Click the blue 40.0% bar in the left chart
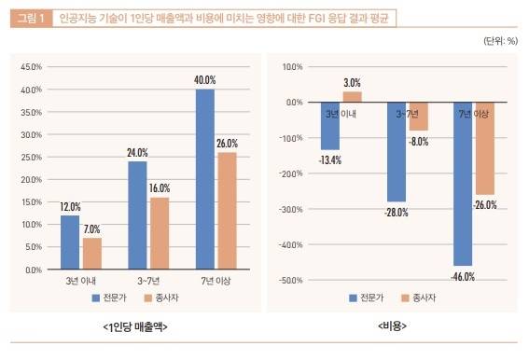(x=204, y=179)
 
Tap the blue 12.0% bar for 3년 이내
(x=70, y=242)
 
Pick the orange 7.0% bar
(x=91, y=254)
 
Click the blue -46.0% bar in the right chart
(x=463, y=184)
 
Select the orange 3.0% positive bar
(x=352, y=97)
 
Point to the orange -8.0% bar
(x=419, y=117)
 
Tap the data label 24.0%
(x=137, y=152)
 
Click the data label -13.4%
(x=330, y=160)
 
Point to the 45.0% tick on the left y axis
(x=32, y=67)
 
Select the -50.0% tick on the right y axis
(x=290, y=280)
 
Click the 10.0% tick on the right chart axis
(x=292, y=67)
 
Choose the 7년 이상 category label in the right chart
(x=474, y=113)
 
